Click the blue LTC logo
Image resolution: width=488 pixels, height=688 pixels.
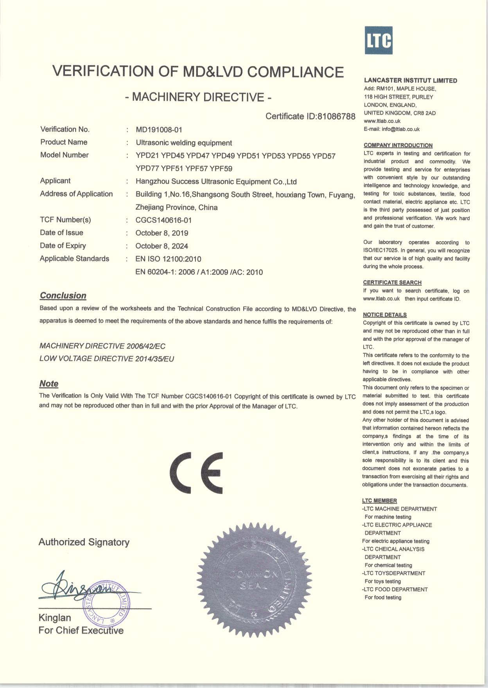378,40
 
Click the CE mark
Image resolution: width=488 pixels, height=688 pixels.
196,473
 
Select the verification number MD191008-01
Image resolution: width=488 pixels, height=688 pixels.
159,130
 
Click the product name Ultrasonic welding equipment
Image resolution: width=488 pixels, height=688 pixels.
184,143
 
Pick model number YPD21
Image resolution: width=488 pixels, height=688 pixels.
147,156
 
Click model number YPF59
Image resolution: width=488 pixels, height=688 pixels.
221,169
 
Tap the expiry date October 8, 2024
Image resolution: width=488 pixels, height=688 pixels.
161,246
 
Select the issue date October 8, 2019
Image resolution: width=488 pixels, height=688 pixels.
161,233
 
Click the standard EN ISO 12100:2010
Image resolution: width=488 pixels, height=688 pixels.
168,259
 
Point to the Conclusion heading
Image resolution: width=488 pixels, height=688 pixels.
63,296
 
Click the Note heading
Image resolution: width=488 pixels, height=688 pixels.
49,383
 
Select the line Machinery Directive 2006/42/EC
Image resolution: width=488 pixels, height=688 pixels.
102,346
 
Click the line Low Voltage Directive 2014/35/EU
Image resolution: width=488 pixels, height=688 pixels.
107,358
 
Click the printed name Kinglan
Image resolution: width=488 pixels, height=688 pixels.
55,618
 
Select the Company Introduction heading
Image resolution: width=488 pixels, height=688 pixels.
398,145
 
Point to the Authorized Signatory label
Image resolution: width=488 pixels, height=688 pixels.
84,542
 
